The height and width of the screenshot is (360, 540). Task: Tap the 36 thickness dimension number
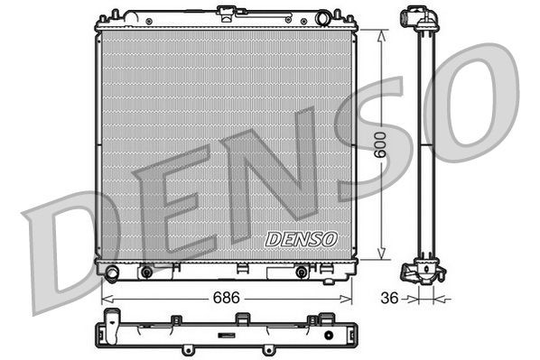tap(387, 295)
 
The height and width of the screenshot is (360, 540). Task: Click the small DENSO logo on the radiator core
tap(301, 240)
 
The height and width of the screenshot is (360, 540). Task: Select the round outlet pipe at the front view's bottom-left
tap(111, 272)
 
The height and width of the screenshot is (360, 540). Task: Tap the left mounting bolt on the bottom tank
tap(145, 271)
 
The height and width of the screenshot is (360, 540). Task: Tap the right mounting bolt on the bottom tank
tap(301, 271)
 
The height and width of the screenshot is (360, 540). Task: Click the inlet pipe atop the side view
tap(415, 18)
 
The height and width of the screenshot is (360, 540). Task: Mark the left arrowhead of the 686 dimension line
tap(101, 296)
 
